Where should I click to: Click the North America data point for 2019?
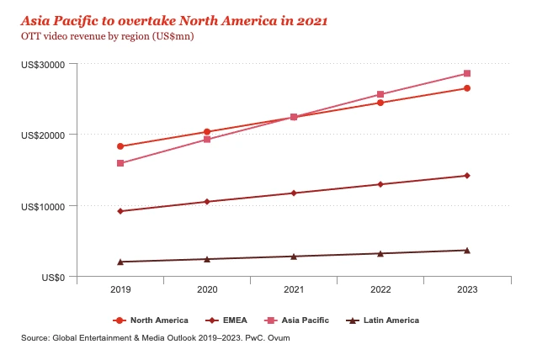pos(120,146)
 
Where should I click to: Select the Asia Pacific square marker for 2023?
pos(467,74)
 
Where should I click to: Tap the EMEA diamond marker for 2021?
pos(294,193)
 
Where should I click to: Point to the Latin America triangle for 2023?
pos(467,250)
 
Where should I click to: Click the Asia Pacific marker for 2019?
pos(120,163)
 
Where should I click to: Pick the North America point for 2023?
pos(467,88)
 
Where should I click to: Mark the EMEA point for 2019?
pos(120,211)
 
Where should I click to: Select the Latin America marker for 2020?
pos(207,259)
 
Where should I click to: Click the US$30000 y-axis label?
pos(47,64)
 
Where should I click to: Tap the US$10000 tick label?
pos(47,206)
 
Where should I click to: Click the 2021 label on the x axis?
pos(294,290)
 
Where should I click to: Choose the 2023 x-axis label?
pos(467,290)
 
